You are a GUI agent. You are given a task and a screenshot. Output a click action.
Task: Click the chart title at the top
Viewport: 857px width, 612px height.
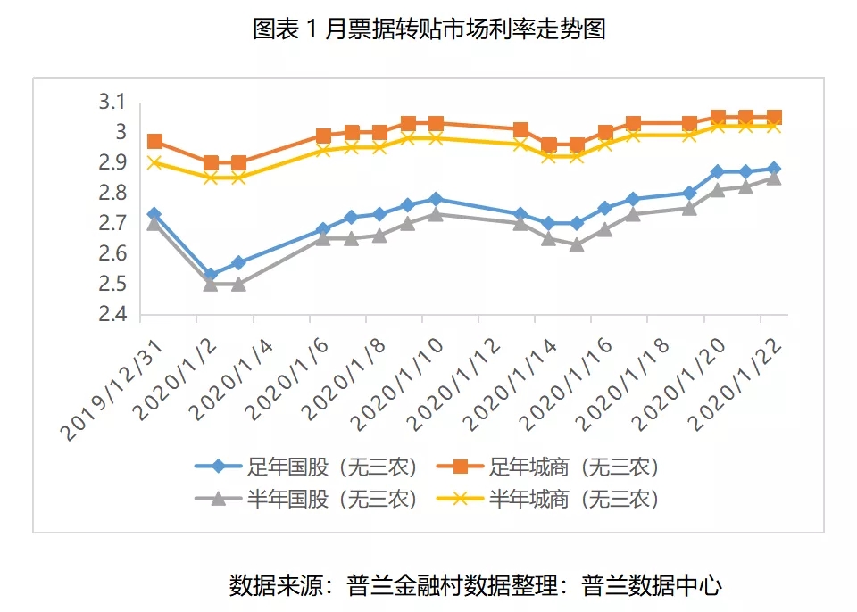tap(429, 29)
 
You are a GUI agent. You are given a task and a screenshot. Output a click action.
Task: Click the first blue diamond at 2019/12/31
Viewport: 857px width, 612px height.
tap(154, 214)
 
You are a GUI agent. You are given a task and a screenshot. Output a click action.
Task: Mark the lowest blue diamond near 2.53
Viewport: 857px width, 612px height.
tap(211, 276)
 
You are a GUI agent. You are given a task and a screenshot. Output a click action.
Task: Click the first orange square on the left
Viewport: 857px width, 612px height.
tap(154, 141)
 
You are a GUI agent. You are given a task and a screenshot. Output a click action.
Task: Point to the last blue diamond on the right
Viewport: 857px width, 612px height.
tap(774, 169)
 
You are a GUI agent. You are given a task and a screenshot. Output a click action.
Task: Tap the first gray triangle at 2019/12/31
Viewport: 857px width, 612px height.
tap(154, 224)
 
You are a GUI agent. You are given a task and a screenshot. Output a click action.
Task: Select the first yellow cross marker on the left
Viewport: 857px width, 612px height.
tap(154, 162)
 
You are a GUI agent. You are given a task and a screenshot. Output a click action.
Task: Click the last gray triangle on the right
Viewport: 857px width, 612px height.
tap(774, 178)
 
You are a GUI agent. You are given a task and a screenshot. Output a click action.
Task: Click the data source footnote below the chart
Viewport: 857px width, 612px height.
tap(475, 585)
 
